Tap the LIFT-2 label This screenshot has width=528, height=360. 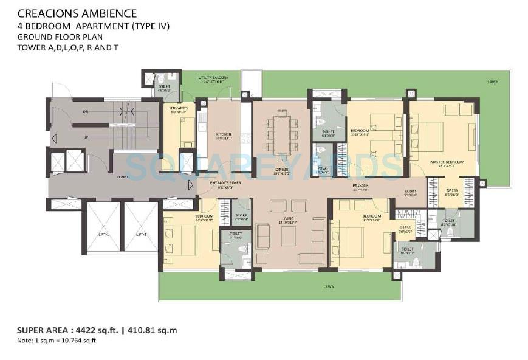pos(142,234)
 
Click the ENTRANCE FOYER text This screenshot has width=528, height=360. pos(226,182)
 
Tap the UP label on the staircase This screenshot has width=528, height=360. pos(86,137)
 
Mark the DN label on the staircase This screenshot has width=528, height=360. pos(86,112)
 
